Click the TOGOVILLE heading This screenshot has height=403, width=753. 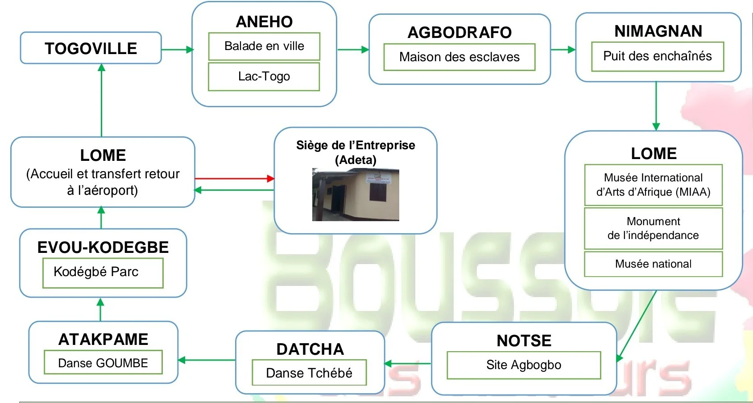91,48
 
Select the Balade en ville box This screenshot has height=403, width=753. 264,46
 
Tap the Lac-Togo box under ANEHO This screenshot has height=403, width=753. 264,76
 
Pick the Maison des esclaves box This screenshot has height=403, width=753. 459,57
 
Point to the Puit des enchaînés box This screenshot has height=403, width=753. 657,56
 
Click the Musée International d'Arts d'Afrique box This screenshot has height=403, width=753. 653,185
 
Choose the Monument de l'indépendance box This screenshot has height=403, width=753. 653,228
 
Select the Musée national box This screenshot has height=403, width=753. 653,264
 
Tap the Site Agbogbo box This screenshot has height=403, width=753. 524,365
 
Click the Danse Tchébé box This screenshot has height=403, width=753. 309,373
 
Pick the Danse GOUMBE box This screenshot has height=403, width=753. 103,362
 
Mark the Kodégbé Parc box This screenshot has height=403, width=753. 103,272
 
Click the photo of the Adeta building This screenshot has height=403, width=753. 356,195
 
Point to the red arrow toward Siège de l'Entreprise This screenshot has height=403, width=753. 234,178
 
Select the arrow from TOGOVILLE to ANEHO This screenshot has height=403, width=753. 177,50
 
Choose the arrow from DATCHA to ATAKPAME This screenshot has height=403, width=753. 207,360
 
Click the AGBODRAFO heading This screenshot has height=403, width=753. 459,32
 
